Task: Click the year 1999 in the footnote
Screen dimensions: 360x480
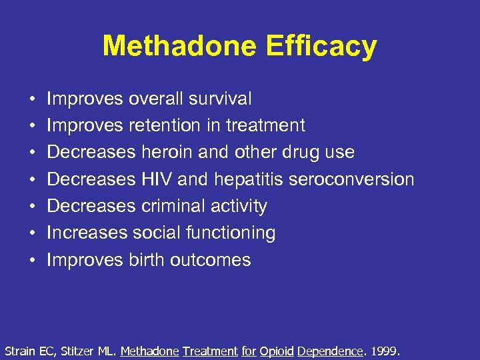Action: (x=385, y=350)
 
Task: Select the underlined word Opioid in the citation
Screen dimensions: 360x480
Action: (x=277, y=350)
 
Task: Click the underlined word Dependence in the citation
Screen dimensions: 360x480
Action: (x=330, y=350)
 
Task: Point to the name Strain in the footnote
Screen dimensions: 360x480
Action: (x=19, y=350)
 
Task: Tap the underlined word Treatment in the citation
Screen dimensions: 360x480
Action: (x=210, y=350)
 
